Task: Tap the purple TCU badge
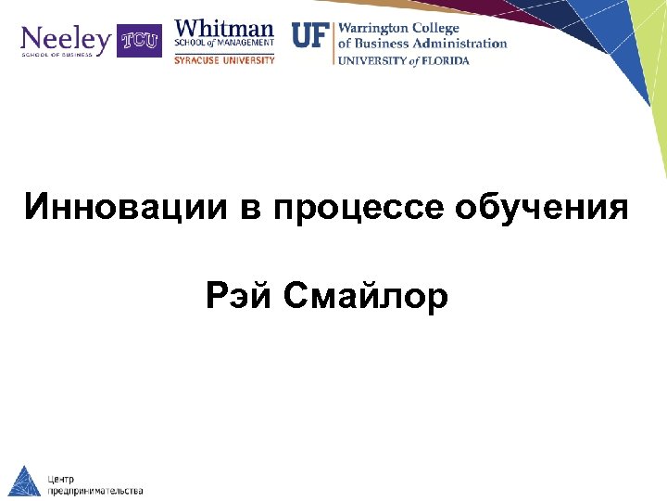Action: (138, 41)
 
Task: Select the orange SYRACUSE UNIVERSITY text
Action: (224, 60)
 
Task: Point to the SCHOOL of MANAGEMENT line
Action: (224, 43)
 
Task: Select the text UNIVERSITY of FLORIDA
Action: (403, 61)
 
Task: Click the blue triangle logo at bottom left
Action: (22, 481)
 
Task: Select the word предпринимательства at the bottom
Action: (95, 490)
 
